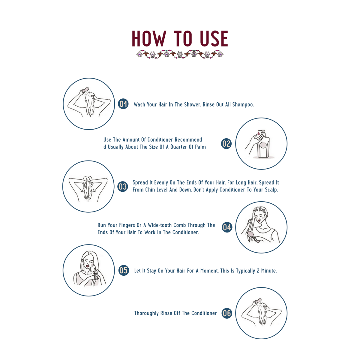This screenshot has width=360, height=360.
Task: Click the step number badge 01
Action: (123, 104)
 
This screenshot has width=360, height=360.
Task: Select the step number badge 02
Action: (226, 143)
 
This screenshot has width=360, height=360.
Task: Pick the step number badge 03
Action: (122, 187)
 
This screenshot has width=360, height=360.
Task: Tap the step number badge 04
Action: (227, 227)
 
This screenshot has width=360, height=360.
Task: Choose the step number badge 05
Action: (124, 270)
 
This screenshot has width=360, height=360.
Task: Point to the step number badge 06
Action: (227, 313)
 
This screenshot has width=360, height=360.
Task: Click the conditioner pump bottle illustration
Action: (263, 145)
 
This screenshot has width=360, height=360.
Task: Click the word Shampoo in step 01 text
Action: (243, 105)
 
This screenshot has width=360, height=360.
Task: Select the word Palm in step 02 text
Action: (200, 147)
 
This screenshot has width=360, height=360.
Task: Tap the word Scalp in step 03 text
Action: (271, 190)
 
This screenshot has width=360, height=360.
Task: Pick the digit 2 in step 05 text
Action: (258, 271)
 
